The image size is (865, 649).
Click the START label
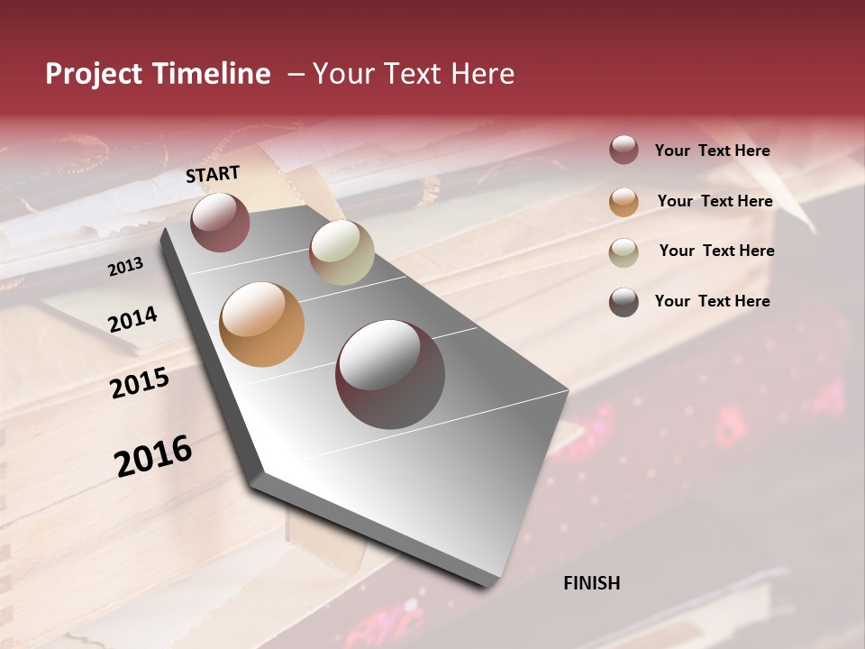213,174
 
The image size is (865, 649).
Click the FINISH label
591,583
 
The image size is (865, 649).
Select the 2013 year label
125,266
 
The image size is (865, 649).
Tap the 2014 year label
132,319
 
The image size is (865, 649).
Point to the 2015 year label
140,383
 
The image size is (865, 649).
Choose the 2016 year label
153,456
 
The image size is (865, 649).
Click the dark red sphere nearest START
220,222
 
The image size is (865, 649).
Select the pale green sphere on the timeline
341,252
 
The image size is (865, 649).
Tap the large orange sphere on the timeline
261,324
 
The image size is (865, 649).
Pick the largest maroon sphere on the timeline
390,373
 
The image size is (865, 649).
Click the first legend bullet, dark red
624,151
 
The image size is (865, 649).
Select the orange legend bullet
624,201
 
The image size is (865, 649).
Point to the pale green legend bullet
624,251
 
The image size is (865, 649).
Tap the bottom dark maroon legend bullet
624,302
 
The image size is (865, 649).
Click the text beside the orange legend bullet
715,201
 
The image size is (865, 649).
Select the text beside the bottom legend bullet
712,301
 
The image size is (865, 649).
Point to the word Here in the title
482,74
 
